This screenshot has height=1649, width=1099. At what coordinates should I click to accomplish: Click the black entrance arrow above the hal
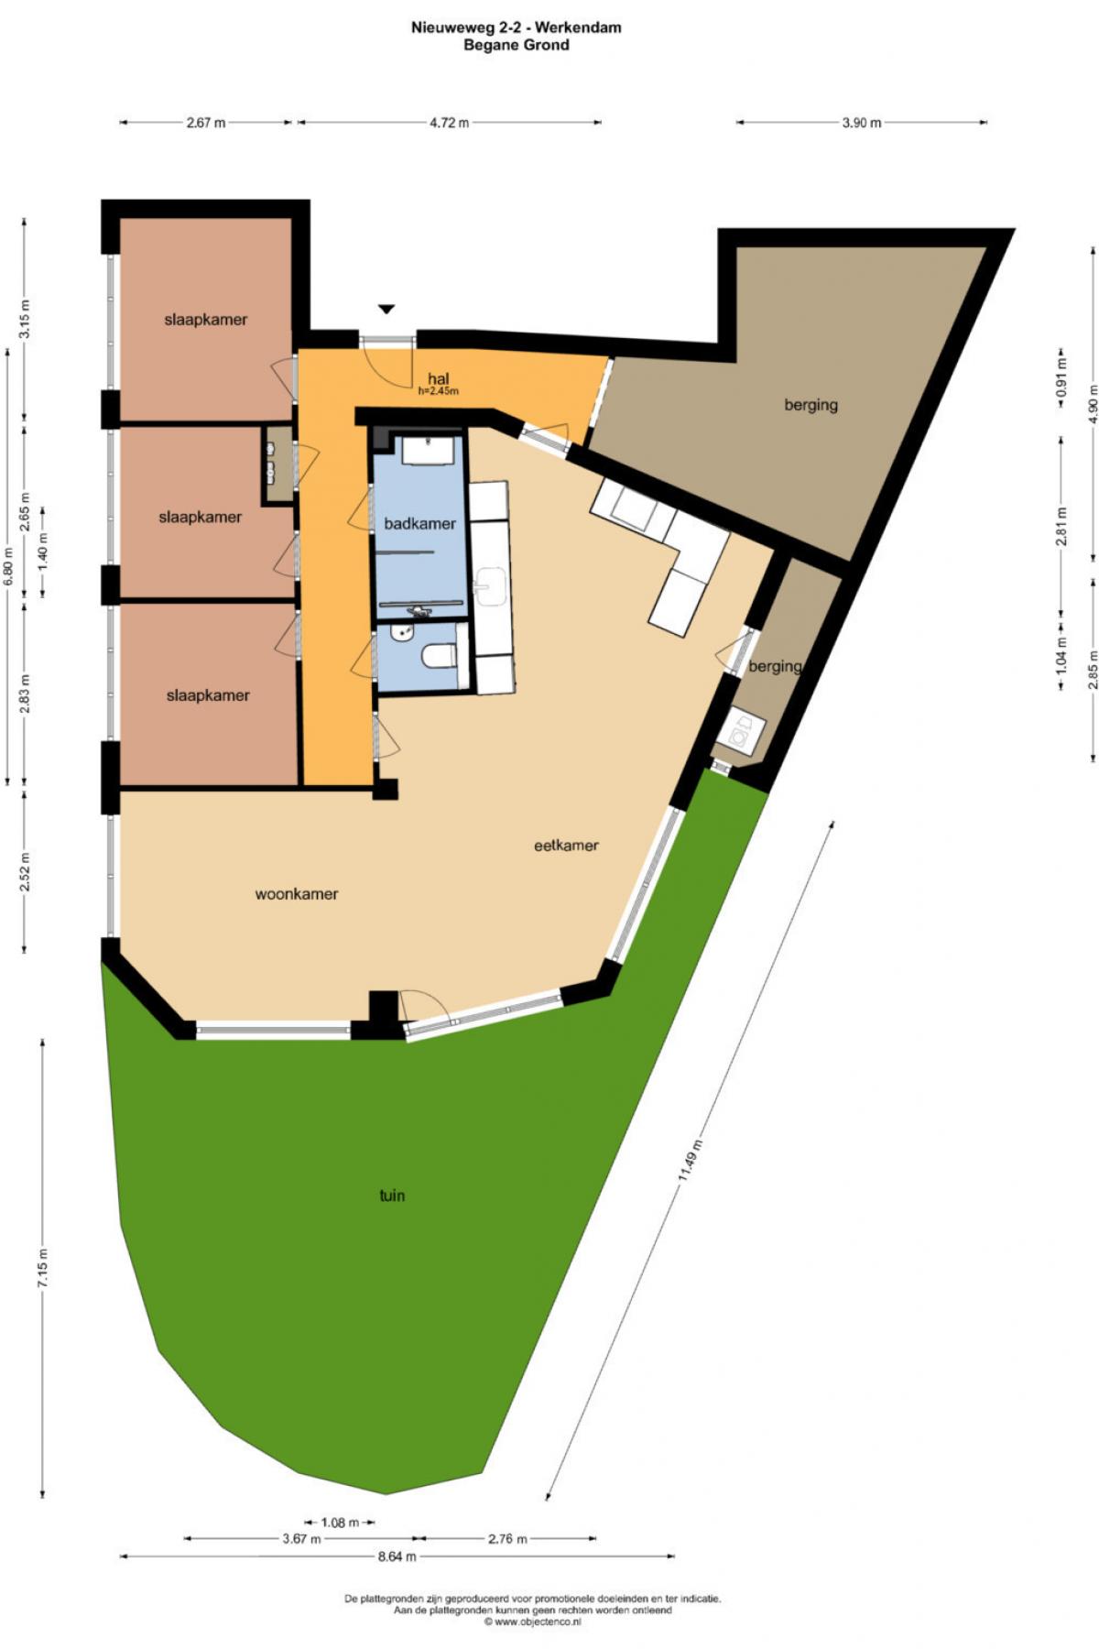(386, 310)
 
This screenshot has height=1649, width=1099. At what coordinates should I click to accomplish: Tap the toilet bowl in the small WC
(441, 656)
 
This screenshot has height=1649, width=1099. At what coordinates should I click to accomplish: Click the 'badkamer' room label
(419, 524)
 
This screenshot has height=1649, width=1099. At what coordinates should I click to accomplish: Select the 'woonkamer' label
(297, 894)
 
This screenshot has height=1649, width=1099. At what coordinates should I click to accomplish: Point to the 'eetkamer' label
(566, 846)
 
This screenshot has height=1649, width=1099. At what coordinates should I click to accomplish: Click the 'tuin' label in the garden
(392, 1196)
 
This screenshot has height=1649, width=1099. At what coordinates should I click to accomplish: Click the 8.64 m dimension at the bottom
(397, 1556)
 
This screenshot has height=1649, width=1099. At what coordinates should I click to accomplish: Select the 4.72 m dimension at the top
(449, 123)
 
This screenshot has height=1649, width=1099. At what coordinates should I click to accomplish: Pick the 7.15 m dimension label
(43, 1269)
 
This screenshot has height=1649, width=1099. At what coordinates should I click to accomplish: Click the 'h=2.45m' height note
(438, 391)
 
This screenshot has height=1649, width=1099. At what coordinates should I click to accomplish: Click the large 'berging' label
(811, 404)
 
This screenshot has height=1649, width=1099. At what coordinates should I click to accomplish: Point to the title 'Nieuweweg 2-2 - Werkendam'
(517, 27)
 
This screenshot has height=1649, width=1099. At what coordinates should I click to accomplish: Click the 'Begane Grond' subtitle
(517, 45)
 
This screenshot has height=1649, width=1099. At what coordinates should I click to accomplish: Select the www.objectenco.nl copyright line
(532, 1622)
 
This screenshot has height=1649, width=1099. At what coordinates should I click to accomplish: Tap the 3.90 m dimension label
(861, 123)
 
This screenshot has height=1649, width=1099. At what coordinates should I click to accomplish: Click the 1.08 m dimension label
(340, 1523)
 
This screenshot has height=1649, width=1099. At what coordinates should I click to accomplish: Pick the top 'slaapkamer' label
(206, 320)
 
